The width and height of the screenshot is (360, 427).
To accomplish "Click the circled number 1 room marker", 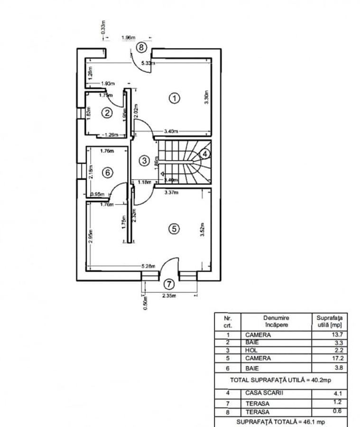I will (175, 98).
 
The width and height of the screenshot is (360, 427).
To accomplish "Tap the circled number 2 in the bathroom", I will (108, 112).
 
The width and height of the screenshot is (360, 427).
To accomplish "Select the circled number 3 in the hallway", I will (144, 161).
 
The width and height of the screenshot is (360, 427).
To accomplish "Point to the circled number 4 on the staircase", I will (204, 154).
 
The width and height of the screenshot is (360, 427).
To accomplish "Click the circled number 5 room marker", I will (174, 229).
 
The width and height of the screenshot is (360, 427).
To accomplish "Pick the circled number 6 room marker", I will (108, 173).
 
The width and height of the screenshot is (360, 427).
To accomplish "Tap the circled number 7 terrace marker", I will (169, 284).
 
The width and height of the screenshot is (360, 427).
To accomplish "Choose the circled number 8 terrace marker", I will (141, 47).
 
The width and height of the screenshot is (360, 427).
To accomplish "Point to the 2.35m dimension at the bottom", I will (169, 296).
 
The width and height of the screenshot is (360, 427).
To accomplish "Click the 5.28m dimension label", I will (148, 267).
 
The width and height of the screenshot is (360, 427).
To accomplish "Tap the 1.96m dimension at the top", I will (128, 37).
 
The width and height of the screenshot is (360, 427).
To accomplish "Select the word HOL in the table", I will (251, 350).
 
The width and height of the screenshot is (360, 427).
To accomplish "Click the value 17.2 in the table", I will (338, 358).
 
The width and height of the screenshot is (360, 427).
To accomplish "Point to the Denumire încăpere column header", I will (276, 321).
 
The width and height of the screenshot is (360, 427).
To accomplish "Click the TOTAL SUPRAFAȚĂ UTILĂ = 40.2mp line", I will (281, 380).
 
